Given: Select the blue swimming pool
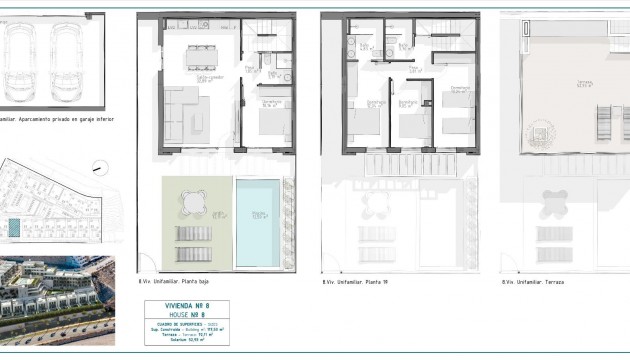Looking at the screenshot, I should pyautogui.click(x=260, y=222).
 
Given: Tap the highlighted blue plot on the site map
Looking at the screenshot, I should pyautogui.click(x=14, y=229).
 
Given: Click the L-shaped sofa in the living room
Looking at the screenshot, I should pyautogui.click(x=186, y=112).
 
